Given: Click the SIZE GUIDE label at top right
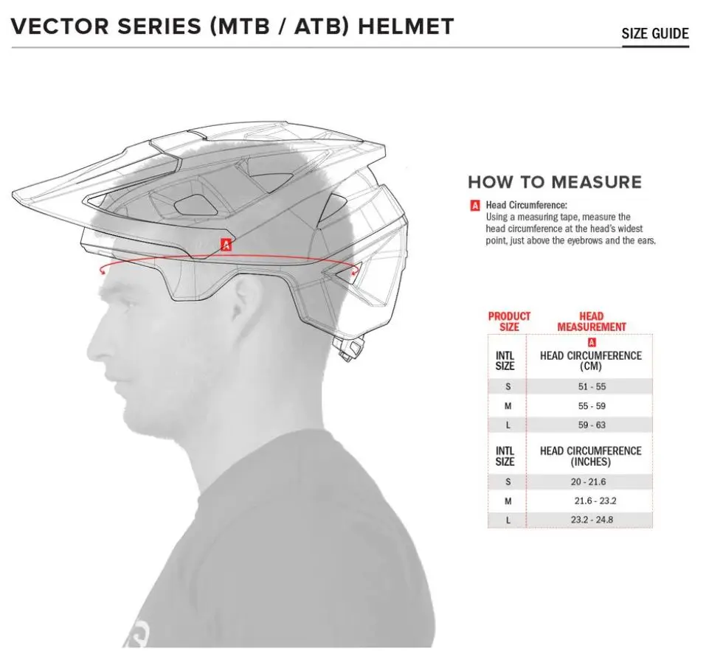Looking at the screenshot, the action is point(655,34).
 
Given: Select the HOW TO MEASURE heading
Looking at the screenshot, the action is point(555,182).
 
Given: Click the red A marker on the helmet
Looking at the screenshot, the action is point(226,245).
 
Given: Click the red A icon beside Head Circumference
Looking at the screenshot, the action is point(474,206).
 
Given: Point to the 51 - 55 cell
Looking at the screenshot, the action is point(592,386).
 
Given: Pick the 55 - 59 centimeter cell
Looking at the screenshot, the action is point(592,405).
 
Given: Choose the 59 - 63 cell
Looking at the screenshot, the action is point(592,425).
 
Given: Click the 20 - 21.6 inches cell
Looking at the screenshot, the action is point(588,482).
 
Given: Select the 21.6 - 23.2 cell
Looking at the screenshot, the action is point(595,501).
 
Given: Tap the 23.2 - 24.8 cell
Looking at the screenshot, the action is point(592,520).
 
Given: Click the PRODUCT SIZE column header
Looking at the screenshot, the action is point(509,321).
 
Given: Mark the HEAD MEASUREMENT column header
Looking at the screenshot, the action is point(592,321).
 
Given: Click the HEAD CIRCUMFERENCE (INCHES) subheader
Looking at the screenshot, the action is point(591,456).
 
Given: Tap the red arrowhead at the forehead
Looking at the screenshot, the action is point(103,270).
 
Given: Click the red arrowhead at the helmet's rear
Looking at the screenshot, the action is point(356,271).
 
